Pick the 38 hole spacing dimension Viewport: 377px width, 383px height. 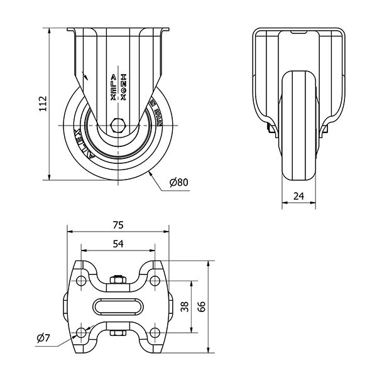(184, 306)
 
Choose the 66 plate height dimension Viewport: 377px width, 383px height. (202, 306)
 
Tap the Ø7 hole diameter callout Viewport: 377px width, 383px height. (43, 338)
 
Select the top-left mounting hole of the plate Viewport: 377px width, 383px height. (81, 281)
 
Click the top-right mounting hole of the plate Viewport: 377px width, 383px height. (155, 281)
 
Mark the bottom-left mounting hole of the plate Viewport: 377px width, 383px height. (81, 332)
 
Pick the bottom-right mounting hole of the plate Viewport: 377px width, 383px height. (155, 332)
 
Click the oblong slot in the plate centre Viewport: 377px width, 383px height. (118, 306)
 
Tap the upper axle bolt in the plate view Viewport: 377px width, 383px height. (118, 279)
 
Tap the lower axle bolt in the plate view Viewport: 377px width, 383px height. (118, 333)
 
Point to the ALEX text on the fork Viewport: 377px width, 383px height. (112, 88)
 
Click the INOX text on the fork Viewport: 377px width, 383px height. (124, 88)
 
